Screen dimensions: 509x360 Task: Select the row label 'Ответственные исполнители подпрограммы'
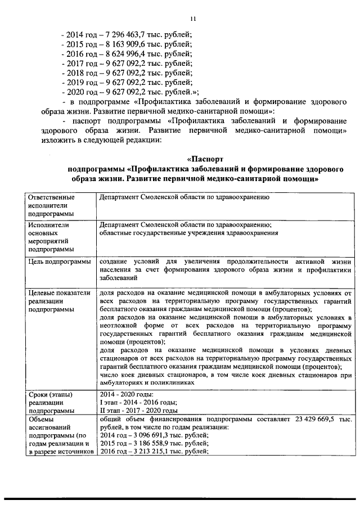click(x=54, y=205)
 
